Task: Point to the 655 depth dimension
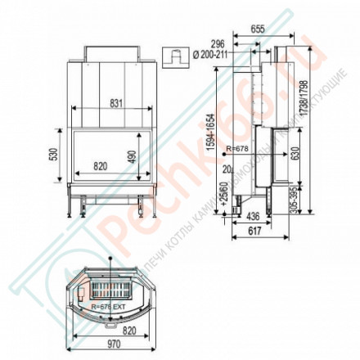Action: pyautogui.click(x=258, y=27)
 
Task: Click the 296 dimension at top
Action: pyautogui.click(x=241, y=45)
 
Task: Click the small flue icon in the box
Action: pyautogui.click(x=174, y=58)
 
